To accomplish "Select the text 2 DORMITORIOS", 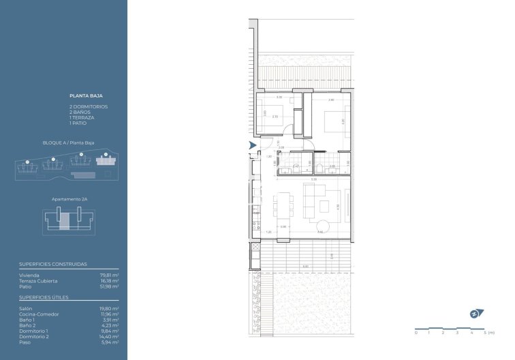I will click(88, 107).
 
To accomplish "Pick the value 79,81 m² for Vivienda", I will click(108, 275).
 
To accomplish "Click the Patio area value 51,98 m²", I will click(108, 286).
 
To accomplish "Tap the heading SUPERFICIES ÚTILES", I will click(39, 297).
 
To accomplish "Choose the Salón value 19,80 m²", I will click(108, 308).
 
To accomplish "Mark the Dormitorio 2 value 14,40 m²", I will click(108, 336).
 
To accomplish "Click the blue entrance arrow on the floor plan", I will click(253, 145).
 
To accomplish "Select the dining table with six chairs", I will click(283, 211).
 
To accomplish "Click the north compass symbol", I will click(475, 314).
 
